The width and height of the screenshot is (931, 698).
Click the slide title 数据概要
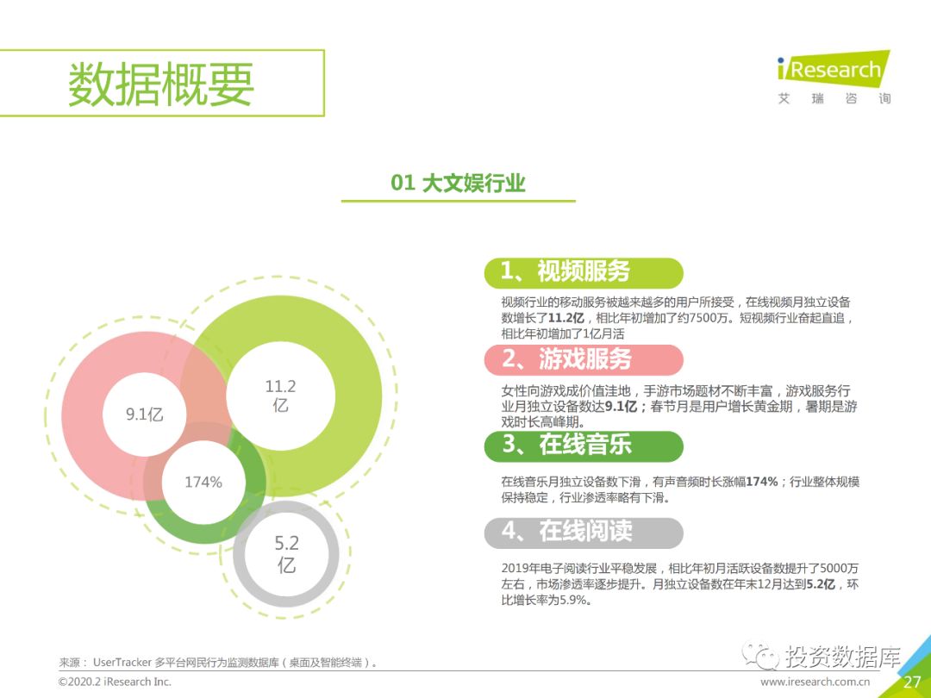coord(161,84)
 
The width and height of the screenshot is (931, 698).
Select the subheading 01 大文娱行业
coord(458,183)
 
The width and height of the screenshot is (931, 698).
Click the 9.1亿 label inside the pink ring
coord(144,414)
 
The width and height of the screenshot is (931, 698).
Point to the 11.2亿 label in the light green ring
coord(280,396)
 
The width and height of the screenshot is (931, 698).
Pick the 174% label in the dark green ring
coord(203,482)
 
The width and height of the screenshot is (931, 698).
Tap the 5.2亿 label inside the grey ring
coord(286,554)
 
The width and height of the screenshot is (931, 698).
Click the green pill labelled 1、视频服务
coord(584,272)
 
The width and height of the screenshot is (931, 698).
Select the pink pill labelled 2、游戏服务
coord(584,359)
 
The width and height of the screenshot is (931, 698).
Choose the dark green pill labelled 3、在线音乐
coord(584,446)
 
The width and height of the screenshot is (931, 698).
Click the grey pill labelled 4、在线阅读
coord(584,533)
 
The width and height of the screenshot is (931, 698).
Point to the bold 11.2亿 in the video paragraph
coord(565,318)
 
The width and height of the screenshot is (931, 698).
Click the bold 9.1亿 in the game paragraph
coord(621,407)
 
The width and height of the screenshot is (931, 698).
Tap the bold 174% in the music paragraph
coord(762,482)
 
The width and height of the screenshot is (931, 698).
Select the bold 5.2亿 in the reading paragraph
coord(820,584)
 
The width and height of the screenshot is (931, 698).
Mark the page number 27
coord(912,682)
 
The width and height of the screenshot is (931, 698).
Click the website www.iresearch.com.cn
coord(815,682)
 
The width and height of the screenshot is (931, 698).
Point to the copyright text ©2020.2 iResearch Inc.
coord(115,682)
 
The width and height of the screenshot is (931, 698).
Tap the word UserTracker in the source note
coord(122,663)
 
